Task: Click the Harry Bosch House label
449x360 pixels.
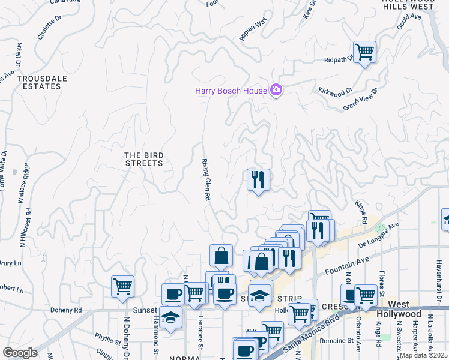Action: click(x=231, y=91)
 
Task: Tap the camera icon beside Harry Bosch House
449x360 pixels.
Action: click(x=276, y=91)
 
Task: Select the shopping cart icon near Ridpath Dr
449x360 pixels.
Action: click(x=364, y=52)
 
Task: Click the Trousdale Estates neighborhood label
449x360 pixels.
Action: click(x=39, y=82)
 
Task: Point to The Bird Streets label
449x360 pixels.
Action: click(x=143, y=159)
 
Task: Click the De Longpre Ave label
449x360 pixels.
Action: click(x=379, y=235)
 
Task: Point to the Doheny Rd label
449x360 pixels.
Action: click(x=70, y=310)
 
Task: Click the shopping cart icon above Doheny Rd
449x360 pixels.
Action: click(x=122, y=286)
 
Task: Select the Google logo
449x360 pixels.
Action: click(x=20, y=353)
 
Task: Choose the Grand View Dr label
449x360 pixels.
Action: click(x=360, y=99)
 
